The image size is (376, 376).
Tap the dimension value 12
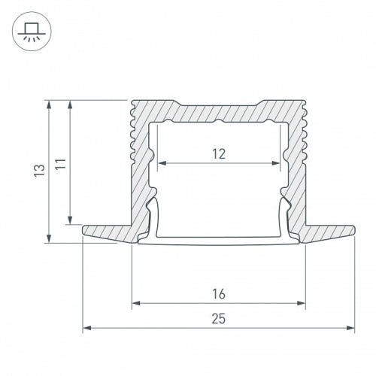coord(219,154)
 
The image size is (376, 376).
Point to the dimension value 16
coord(219,293)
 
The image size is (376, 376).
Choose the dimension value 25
coord(219,318)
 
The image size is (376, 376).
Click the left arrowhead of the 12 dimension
coord(159,163)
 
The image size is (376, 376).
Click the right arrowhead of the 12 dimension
coord(278,163)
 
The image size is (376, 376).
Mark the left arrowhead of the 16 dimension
coord(135,304)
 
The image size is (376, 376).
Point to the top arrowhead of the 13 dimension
coord(50,103)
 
